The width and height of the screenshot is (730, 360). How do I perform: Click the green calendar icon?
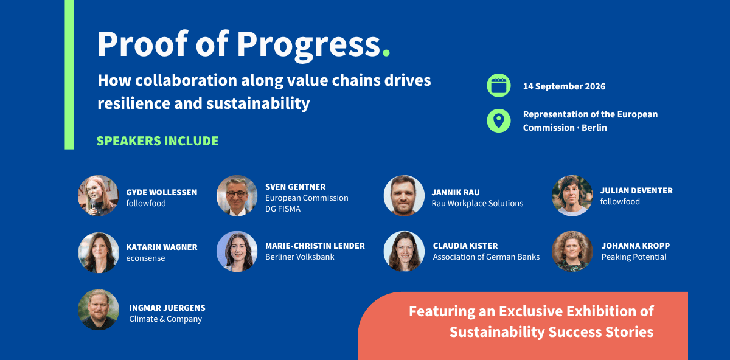(x=499, y=86)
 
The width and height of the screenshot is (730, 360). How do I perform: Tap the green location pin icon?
(x=499, y=120)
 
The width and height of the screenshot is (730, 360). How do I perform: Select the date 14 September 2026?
(x=564, y=86)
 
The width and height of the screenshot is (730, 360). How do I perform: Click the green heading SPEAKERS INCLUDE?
(x=158, y=140)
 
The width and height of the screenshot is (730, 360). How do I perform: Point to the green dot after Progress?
(x=386, y=52)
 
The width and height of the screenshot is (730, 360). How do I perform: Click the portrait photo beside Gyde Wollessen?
(x=98, y=195)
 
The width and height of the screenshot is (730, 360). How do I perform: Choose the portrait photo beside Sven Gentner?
(x=237, y=195)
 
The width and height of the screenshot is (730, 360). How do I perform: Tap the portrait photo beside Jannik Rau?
(x=404, y=195)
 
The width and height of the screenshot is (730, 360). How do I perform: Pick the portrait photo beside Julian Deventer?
(x=572, y=195)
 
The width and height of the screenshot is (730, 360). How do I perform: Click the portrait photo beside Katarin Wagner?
(x=99, y=252)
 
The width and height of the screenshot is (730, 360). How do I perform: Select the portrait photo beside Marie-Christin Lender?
(x=237, y=252)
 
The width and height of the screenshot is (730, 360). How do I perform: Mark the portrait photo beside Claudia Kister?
(x=404, y=252)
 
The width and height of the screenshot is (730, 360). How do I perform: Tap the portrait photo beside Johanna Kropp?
(x=572, y=252)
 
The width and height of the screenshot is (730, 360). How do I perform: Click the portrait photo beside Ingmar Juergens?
(x=99, y=310)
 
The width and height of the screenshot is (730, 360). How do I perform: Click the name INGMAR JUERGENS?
(x=167, y=308)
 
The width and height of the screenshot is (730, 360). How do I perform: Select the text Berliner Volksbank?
(x=299, y=257)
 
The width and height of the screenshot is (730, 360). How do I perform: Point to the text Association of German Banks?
(x=486, y=257)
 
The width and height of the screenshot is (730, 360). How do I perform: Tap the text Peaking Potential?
(x=633, y=257)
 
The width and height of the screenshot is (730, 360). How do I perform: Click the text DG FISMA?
(x=282, y=209)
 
